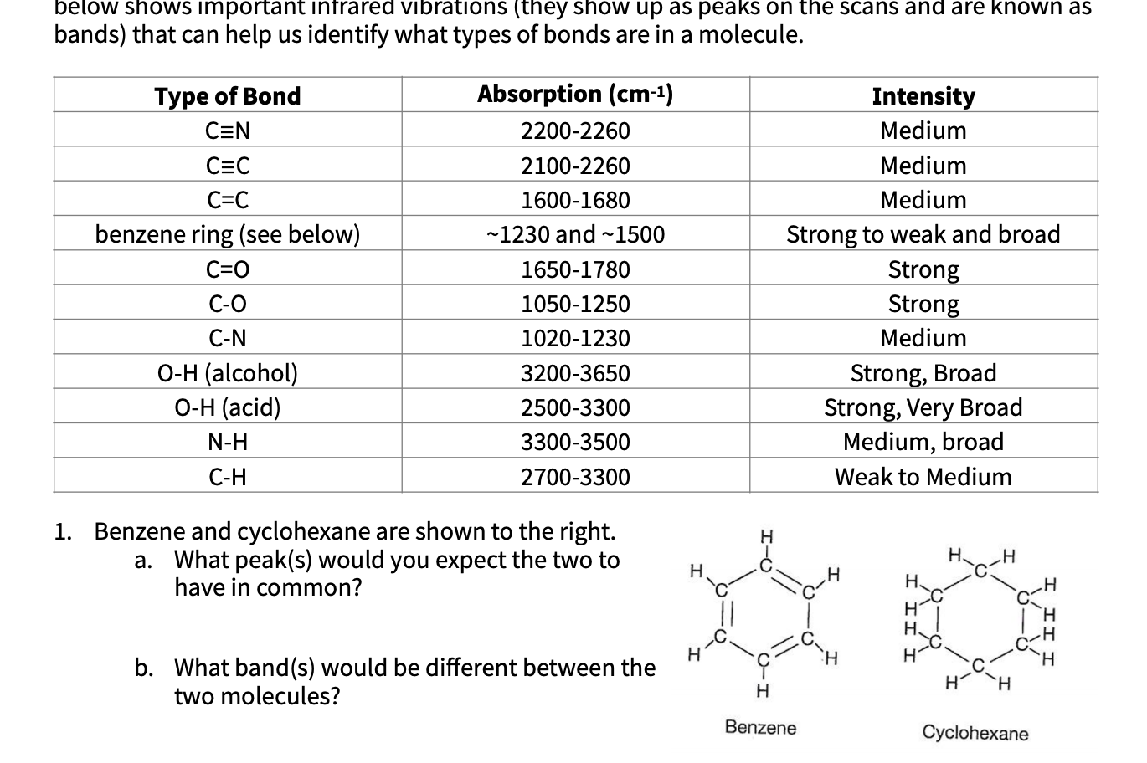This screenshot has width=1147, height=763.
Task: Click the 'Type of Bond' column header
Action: click(228, 96)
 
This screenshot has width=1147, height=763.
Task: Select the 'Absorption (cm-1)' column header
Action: click(575, 95)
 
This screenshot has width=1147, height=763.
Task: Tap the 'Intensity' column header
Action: click(923, 96)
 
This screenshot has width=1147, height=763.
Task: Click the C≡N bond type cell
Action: click(228, 131)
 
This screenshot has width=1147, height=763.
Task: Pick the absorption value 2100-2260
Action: click(575, 166)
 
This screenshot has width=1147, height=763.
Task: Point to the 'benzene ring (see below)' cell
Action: click(228, 234)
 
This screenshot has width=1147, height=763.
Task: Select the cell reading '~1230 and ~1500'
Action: click(575, 235)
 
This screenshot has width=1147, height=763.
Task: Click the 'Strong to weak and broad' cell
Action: click(923, 234)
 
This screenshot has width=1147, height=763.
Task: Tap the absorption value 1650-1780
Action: click(575, 269)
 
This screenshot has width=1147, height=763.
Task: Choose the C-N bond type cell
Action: click(228, 338)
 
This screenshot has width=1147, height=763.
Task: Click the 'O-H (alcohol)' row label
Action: click(228, 373)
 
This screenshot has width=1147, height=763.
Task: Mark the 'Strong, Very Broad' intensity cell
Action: click(923, 407)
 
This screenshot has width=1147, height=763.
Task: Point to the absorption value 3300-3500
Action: click(575, 442)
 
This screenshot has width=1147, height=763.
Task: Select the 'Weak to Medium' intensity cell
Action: click(923, 477)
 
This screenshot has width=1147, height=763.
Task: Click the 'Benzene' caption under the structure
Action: click(760, 728)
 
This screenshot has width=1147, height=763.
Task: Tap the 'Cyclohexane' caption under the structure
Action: click(975, 734)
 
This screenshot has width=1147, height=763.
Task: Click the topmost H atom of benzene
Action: click(764, 535)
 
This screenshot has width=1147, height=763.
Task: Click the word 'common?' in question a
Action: click(311, 588)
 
